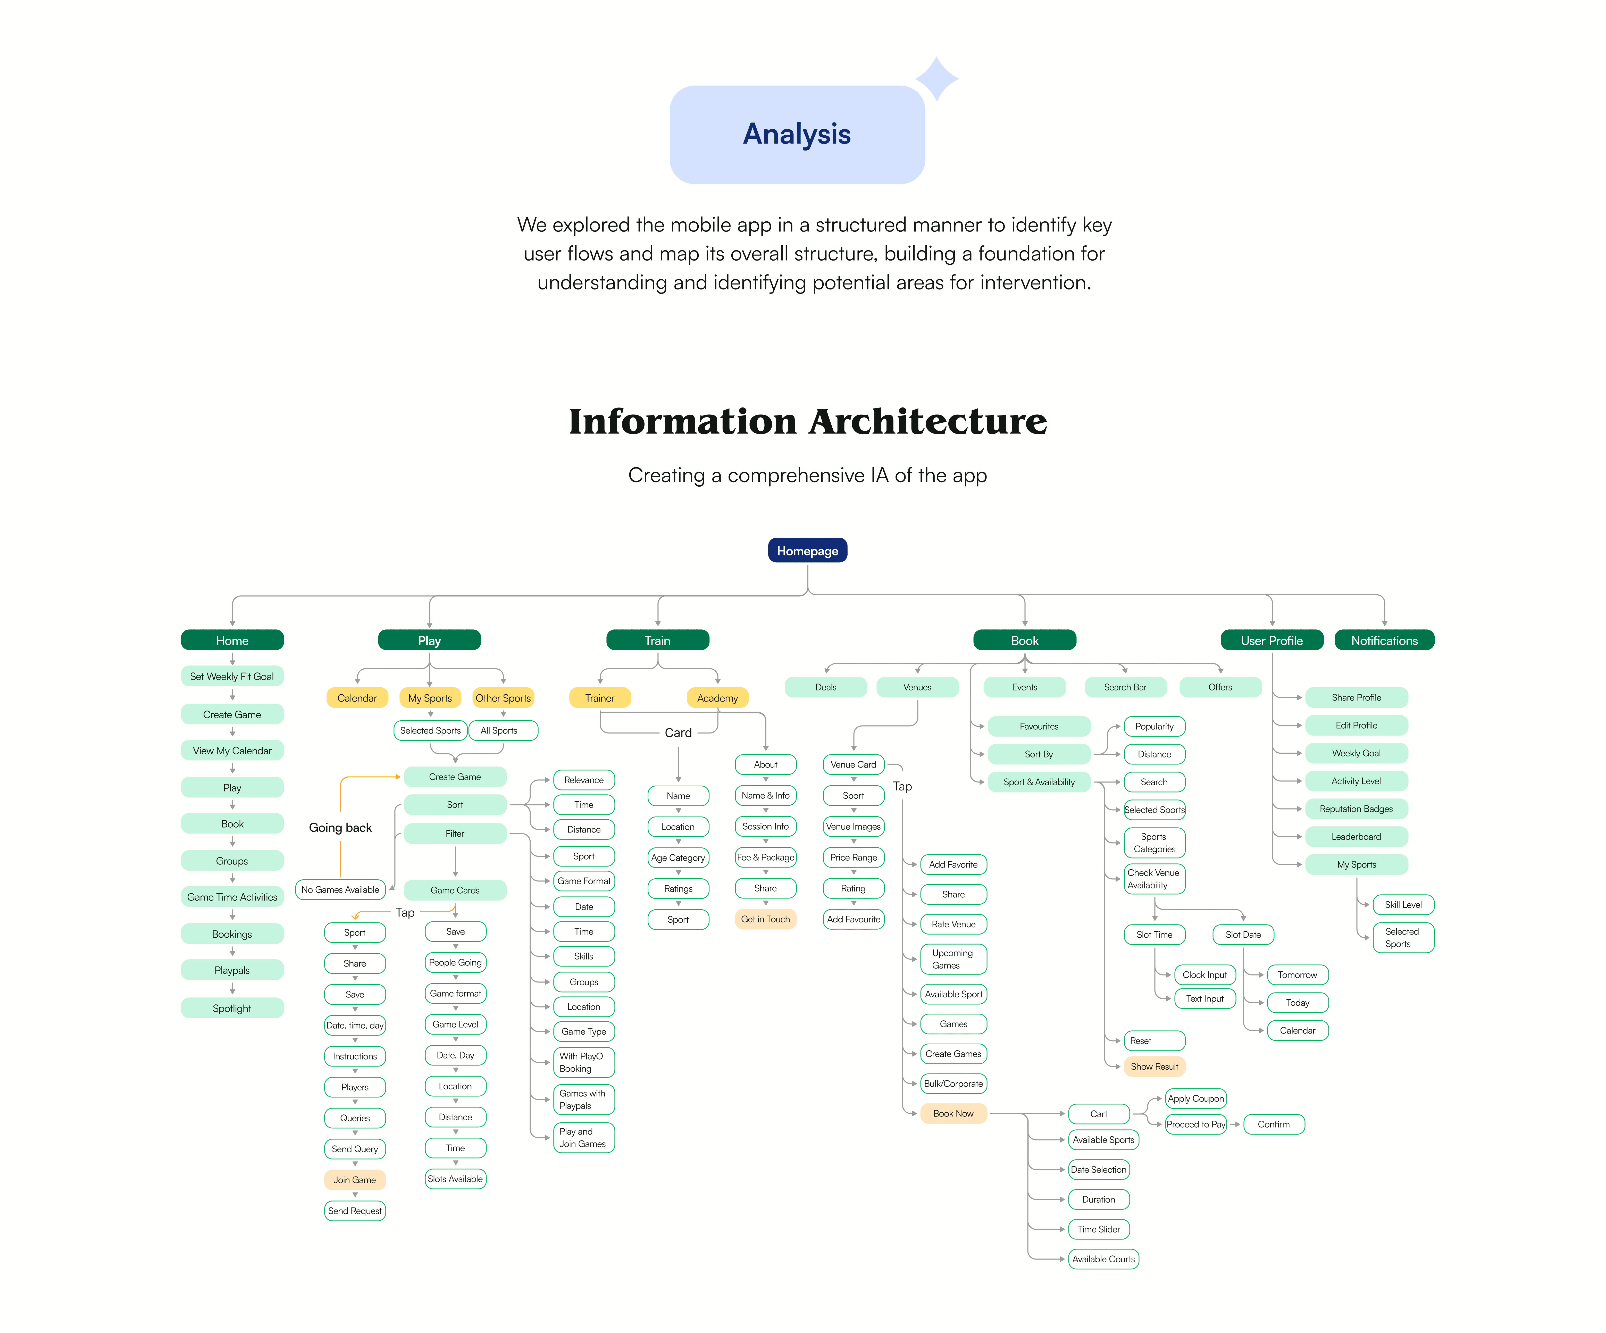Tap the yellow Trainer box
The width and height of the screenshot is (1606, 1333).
[600, 697]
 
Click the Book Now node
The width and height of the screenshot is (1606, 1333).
[953, 1113]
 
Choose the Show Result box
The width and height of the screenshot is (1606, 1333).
[1154, 1066]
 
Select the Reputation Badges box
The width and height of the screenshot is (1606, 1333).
[1356, 808]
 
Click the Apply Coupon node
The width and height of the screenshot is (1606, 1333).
[1195, 1098]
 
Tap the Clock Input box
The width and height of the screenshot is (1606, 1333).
[1204, 974]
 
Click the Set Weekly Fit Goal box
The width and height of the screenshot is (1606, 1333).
[232, 676]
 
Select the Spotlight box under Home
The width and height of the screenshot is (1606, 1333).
[232, 1008]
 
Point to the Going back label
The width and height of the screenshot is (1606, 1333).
[340, 828]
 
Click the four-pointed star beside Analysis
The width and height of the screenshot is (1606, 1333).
[937, 78]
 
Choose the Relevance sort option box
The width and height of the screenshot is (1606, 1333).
[583, 779]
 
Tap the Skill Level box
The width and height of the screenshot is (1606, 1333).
[1403, 905]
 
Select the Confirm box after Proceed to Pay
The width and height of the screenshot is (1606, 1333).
[1273, 1124]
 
